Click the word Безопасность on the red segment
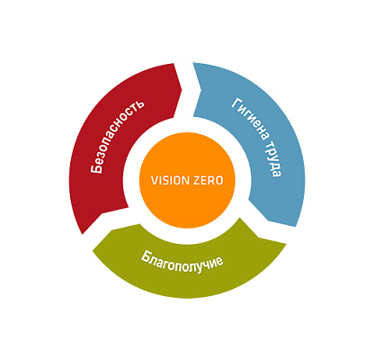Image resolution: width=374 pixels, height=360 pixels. tap(117, 137)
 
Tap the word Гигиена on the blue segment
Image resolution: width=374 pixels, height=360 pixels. tap(250, 119)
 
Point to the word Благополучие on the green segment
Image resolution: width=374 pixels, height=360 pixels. tap(182, 261)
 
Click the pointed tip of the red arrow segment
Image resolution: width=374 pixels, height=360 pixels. tap(182, 89)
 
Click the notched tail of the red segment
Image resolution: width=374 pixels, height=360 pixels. tap(102, 213)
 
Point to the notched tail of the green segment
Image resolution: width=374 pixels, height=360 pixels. tap(258, 238)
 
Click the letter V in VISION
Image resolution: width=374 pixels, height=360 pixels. tap(154, 181)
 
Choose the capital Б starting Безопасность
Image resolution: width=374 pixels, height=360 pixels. tap(96, 168)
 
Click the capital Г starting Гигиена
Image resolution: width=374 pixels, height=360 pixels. tap(236, 103)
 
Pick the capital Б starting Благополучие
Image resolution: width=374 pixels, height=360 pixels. tap(146, 256)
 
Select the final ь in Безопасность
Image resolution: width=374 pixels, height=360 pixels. tap(139, 104)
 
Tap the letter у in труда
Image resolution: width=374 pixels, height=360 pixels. tap(272, 155)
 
